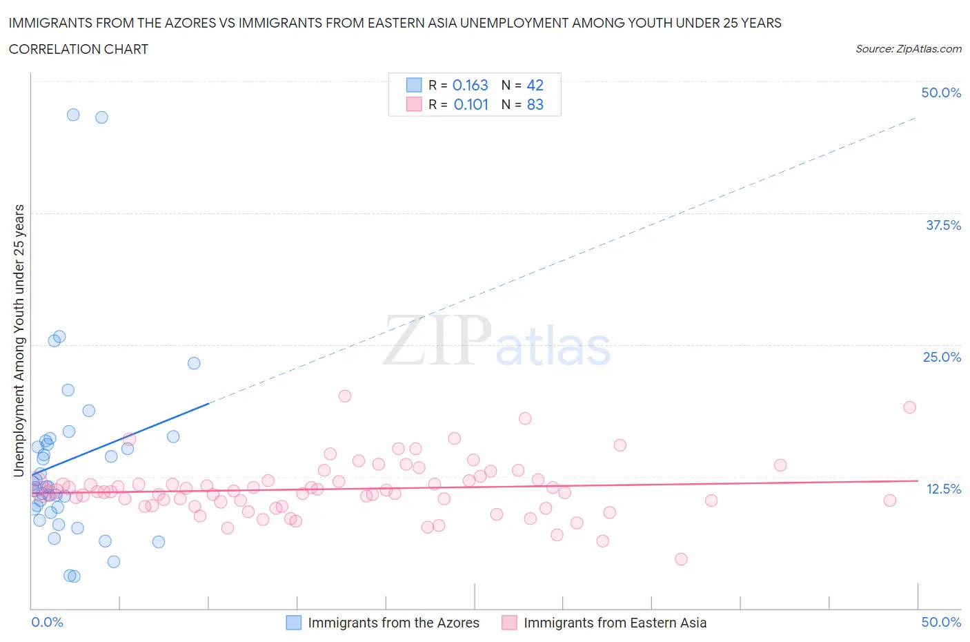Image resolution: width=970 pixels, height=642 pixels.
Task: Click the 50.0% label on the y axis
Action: pos(941,93)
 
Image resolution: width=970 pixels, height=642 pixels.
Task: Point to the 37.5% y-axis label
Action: pos(943,225)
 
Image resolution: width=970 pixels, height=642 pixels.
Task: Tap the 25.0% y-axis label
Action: pos(942,357)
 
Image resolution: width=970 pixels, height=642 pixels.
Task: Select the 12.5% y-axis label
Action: pos(943,489)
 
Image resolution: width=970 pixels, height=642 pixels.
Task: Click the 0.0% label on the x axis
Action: pos(47,622)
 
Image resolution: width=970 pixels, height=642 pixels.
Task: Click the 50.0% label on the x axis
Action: pos(941,622)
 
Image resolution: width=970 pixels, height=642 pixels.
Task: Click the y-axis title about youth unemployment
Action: pos(19,340)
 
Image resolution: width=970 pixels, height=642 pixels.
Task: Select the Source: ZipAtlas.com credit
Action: pos(908,49)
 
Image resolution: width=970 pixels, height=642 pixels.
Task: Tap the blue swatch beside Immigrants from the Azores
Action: pos(294,623)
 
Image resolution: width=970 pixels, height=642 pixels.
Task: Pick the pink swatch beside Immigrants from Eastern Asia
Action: pos(509,623)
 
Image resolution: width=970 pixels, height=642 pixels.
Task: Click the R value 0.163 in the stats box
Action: pos(470,85)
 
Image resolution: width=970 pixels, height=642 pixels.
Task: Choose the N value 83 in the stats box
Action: pos(535,104)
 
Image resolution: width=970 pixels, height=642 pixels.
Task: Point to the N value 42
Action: pos(535,85)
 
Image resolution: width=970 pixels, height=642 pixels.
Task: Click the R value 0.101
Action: pos(471,104)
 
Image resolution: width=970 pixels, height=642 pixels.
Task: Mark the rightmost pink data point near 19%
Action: pos(909,407)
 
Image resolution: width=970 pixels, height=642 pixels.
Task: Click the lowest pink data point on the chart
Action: pos(681,559)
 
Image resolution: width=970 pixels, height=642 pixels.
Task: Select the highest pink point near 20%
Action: pos(345,396)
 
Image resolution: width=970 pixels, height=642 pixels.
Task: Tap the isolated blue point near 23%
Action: pos(194,363)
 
